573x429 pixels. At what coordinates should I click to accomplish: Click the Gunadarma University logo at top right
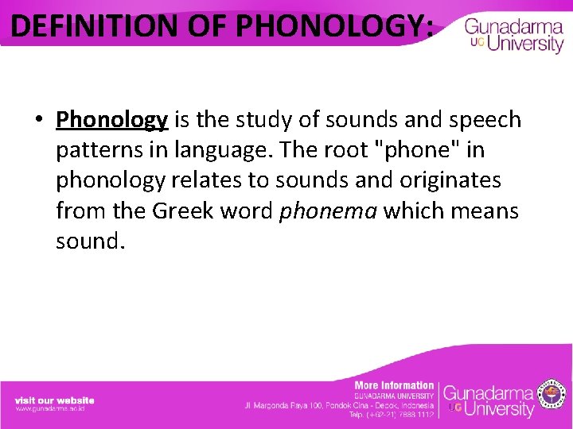pos(513,36)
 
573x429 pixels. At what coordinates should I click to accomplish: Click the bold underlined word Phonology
pos(111,120)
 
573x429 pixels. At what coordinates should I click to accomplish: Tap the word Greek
pos(182,211)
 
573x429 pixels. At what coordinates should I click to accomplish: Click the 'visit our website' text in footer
pos(54,400)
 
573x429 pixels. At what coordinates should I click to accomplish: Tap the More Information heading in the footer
pos(394,385)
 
